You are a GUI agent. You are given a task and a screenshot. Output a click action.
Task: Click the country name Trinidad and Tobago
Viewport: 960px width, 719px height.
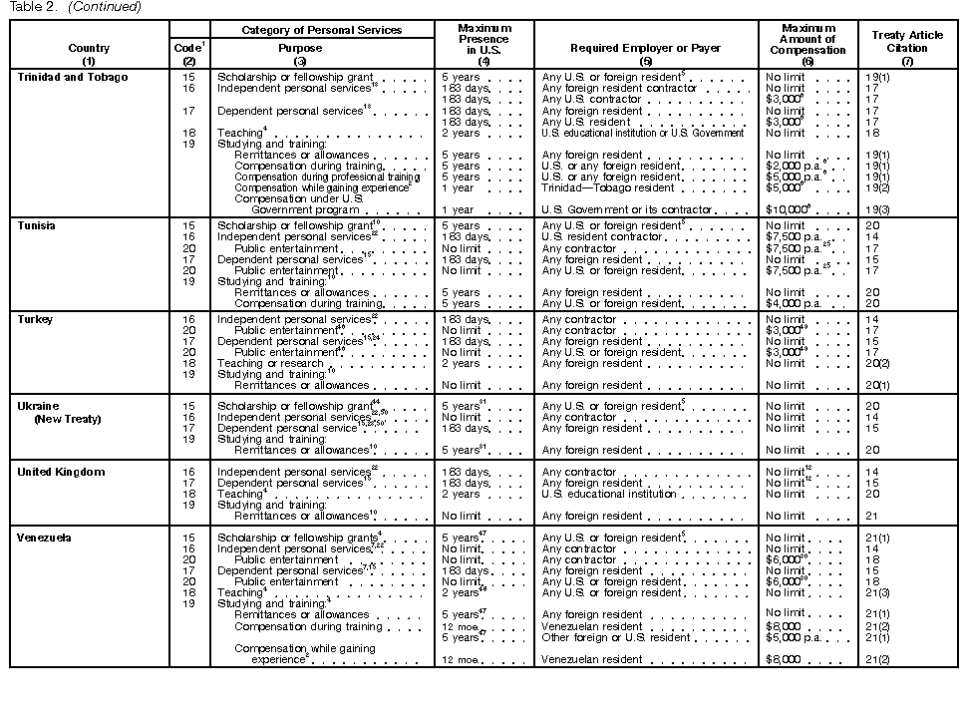[73, 78]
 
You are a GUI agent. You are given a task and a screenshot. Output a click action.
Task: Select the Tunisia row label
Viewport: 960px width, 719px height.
[36, 226]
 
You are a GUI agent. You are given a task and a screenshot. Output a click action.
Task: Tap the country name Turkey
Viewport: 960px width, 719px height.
[35, 320]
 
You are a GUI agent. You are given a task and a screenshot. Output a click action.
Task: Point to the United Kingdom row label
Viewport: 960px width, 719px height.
[61, 473]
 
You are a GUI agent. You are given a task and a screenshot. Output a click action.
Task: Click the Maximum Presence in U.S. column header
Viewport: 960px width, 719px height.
[484, 41]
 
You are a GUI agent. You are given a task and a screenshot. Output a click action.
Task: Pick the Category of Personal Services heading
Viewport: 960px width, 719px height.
[322, 30]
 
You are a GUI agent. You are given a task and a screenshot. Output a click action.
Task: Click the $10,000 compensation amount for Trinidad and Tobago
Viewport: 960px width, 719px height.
[785, 210]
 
